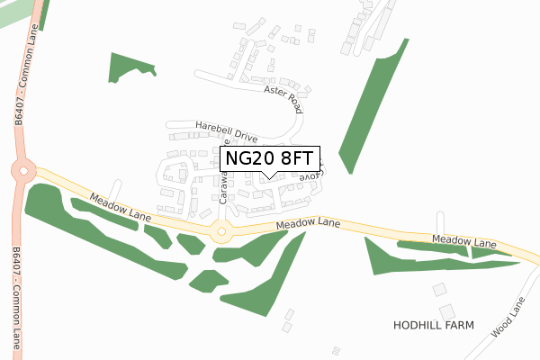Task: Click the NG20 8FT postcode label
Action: [x=269, y=158]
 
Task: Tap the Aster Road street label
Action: [x=282, y=95]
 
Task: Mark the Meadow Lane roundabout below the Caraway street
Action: [x=220, y=232]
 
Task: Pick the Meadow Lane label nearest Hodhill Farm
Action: [x=463, y=242]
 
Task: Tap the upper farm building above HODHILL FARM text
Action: [x=439, y=290]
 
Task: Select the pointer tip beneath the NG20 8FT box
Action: [x=269, y=176]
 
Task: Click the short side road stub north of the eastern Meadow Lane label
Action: [x=439, y=221]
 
